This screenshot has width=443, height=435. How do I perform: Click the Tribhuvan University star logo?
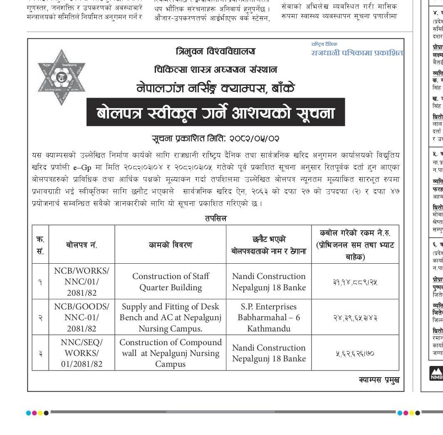pyautogui.click(x=62, y=77)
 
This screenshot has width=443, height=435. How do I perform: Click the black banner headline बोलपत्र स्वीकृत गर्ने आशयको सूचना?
pyautogui.click(x=215, y=112)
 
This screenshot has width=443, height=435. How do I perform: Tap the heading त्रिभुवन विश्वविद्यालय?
pyautogui.click(x=215, y=52)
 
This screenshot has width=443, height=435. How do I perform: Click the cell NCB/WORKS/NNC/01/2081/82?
pyautogui.click(x=82, y=282)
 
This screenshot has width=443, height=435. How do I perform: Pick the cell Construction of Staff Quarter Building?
pyautogui.click(x=171, y=282)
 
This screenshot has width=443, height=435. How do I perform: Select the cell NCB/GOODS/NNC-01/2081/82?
pyautogui.click(x=82, y=317)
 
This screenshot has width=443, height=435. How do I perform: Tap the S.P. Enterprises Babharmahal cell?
pyautogui.click(x=269, y=317)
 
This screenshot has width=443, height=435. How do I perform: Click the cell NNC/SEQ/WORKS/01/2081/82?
pyautogui.click(x=82, y=353)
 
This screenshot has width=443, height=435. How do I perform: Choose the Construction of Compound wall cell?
pyautogui.click(x=171, y=353)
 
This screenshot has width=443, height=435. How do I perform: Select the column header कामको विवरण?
pyautogui.click(x=171, y=245)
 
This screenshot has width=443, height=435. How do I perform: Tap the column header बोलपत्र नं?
pyautogui.click(x=82, y=245)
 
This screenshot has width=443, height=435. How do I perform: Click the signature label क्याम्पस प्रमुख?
pyautogui.click(x=379, y=380)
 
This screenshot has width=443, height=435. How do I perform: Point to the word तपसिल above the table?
pyautogui.click(x=215, y=218)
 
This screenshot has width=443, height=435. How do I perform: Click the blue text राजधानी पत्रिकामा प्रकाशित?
pyautogui.click(x=357, y=53)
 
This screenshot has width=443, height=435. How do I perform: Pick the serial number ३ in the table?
pyautogui.click(x=40, y=353)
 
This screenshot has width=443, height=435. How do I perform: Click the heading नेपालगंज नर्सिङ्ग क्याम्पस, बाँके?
pyautogui.click(x=215, y=88)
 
